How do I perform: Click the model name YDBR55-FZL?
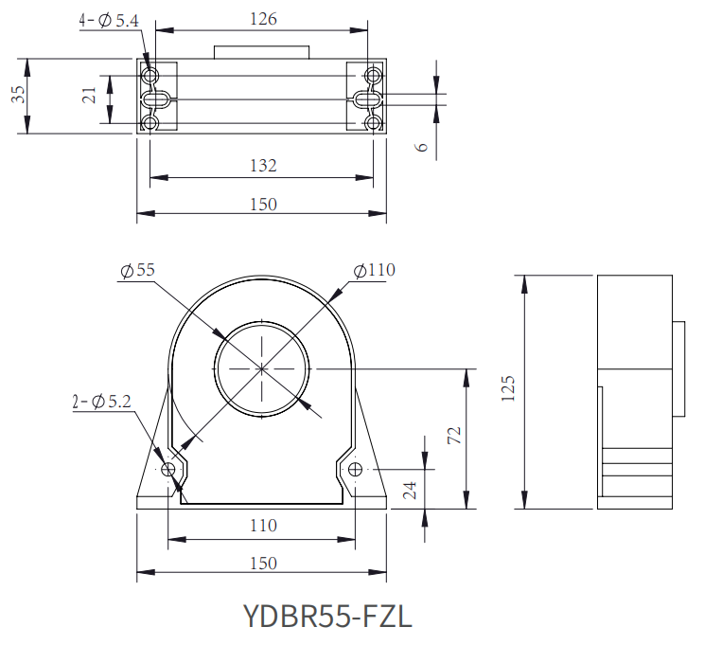327,616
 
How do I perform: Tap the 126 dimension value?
264,19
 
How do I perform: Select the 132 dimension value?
264,166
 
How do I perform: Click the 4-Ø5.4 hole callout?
109,20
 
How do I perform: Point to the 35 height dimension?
19,95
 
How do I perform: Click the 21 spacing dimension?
90,96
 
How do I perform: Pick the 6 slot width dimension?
422,147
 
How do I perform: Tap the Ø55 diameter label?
138,270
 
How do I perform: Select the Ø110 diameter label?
375,270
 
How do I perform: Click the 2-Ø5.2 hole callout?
102,401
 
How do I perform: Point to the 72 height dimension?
454,435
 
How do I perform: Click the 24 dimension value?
410,491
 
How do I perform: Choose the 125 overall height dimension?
508,388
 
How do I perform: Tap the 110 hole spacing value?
264,526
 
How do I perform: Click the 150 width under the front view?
264,564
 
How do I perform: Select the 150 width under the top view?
264,205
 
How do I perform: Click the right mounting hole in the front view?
355,470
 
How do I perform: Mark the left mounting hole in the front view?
167,470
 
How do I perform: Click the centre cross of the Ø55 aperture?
262,369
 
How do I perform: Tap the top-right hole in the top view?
373,75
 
